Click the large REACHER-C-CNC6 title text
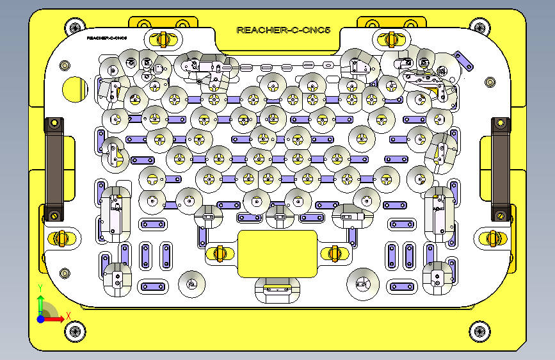pyautogui.click(x=283, y=30)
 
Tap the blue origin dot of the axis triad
pyautogui.click(x=40, y=318)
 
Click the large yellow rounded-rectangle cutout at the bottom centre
pyautogui.click(x=277, y=254)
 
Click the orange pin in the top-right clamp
pyautogui.click(x=391, y=38)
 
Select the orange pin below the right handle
pyautogui.click(x=493, y=238)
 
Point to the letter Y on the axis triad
pyautogui.click(x=40, y=288)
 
